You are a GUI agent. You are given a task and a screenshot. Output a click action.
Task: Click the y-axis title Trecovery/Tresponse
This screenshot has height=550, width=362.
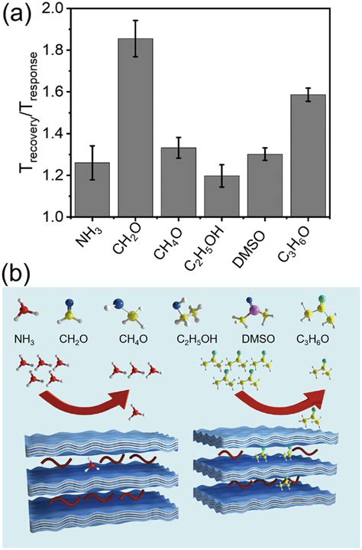click(x=18, y=113)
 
